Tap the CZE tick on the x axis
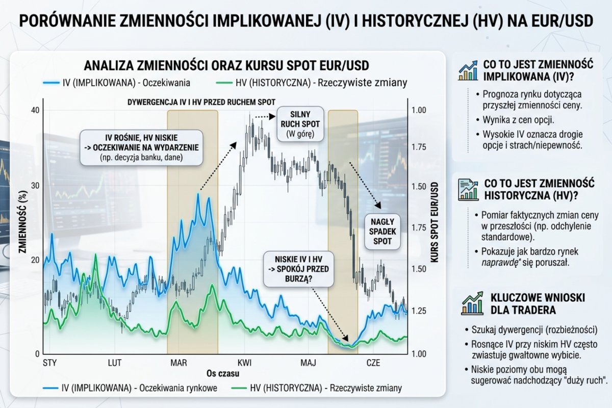pos(374,363)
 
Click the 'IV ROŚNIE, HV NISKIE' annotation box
pos(141,147)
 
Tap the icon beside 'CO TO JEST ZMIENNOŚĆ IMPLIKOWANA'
pos(467,71)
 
